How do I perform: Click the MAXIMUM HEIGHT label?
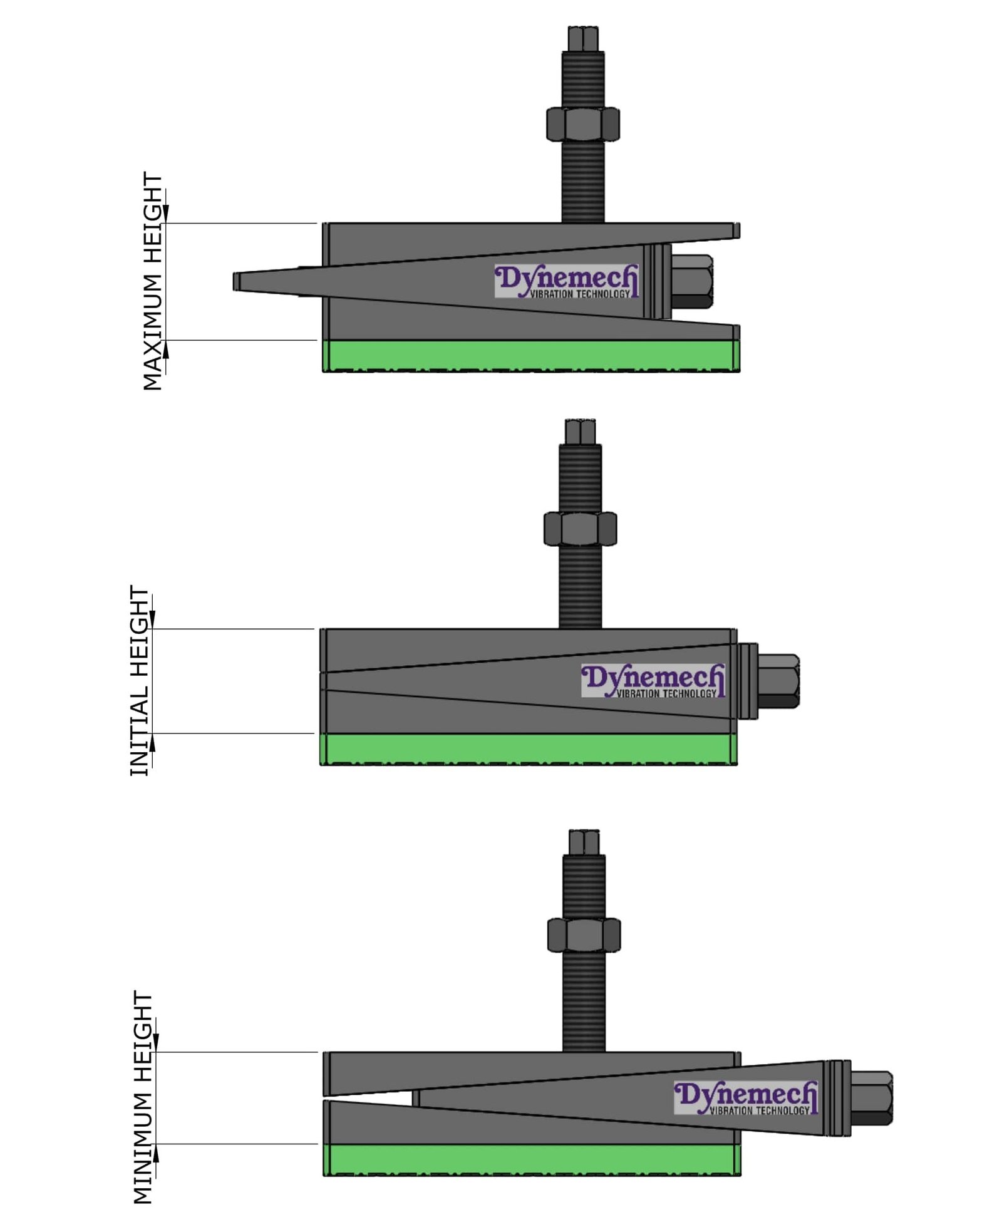(x=152, y=281)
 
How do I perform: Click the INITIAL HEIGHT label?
(x=139, y=680)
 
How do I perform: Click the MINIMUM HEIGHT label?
(x=143, y=1097)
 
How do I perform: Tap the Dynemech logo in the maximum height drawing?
(x=566, y=281)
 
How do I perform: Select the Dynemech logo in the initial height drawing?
(x=653, y=680)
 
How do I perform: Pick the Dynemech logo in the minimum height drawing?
(x=745, y=1097)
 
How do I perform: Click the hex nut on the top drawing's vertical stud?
(x=582, y=124)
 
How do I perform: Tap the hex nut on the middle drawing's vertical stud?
(x=580, y=529)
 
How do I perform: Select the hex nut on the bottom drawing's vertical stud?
(x=584, y=935)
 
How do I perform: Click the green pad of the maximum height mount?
(x=531, y=356)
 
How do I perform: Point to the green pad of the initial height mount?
(x=529, y=748)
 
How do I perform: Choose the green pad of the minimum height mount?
(x=531, y=1159)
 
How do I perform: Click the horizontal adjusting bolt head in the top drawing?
(x=693, y=281)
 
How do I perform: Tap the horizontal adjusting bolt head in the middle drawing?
(x=779, y=681)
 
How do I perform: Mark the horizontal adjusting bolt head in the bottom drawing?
(x=872, y=1098)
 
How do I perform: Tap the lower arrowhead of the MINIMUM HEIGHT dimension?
(x=156, y=1153)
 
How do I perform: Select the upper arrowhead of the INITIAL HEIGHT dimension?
(x=152, y=620)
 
